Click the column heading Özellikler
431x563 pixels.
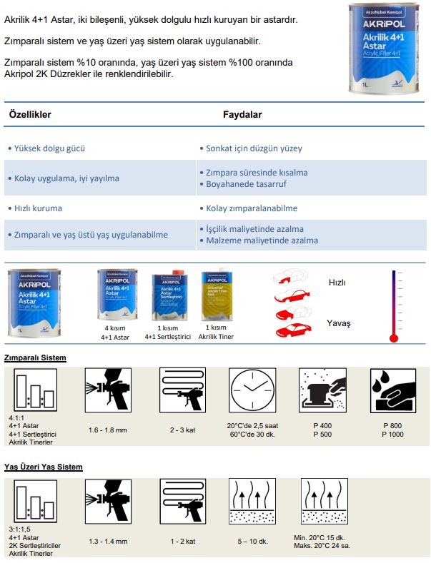pos(30,114)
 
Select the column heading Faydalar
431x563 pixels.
pos(242,114)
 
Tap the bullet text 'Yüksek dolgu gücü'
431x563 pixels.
pos(49,148)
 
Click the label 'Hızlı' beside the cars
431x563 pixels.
pos(337,283)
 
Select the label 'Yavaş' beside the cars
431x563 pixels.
pos(339,323)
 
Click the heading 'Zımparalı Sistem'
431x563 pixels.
pos(35,357)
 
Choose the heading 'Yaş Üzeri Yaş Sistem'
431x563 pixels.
pos(43,467)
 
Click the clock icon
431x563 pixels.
pos(251,392)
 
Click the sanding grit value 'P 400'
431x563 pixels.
pos(322,426)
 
